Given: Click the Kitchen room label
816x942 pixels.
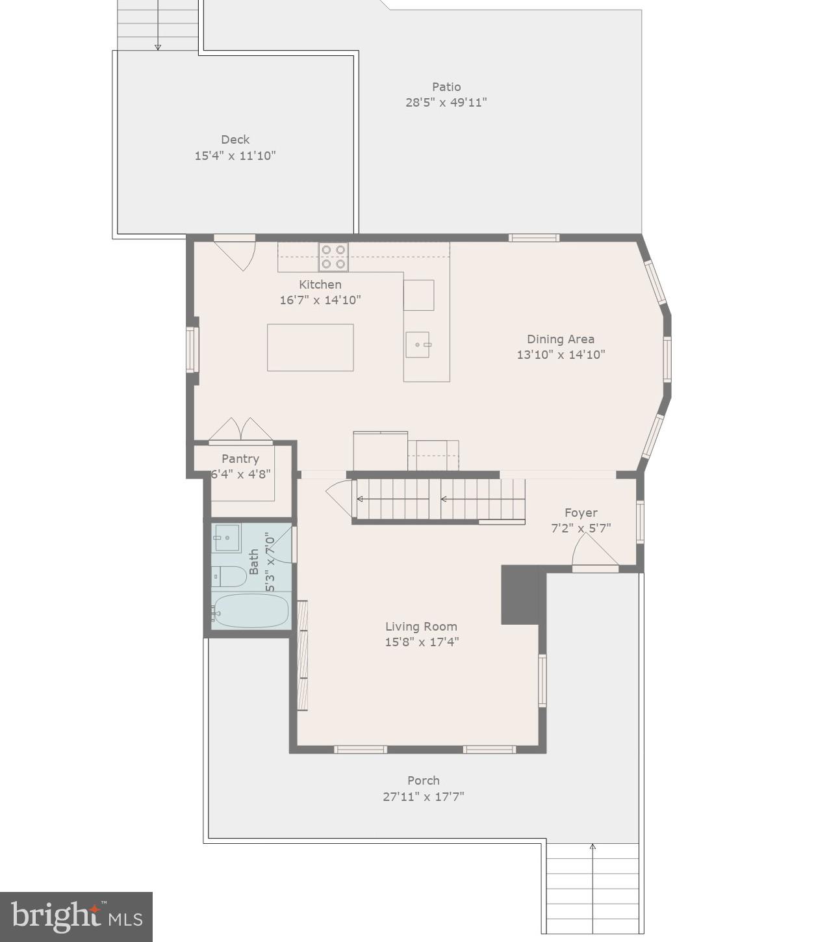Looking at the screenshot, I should (320, 285).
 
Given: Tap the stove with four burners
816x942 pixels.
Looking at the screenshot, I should (333, 257).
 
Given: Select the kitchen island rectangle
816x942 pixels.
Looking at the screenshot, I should (310, 348).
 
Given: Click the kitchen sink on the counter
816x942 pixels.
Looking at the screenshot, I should (418, 345).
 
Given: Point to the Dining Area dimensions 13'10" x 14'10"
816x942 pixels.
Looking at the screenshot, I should (560, 355).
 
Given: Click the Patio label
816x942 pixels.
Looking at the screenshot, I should (446, 87).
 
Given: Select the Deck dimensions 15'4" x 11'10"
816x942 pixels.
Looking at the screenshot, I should (235, 156).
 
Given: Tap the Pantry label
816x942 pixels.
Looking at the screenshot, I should (240, 459).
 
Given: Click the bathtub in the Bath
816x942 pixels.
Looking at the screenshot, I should (251, 611).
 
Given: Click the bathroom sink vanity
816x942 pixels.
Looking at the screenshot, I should (227, 538).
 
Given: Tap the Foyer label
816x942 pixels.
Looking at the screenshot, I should (580, 513).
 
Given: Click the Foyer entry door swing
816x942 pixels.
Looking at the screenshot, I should (593, 553).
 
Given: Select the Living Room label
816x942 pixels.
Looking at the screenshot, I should (421, 627).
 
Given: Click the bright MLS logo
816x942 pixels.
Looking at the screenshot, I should (76, 917).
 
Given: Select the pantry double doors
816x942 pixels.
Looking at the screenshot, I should (240, 430).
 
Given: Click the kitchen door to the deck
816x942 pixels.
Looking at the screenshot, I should (235, 254).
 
